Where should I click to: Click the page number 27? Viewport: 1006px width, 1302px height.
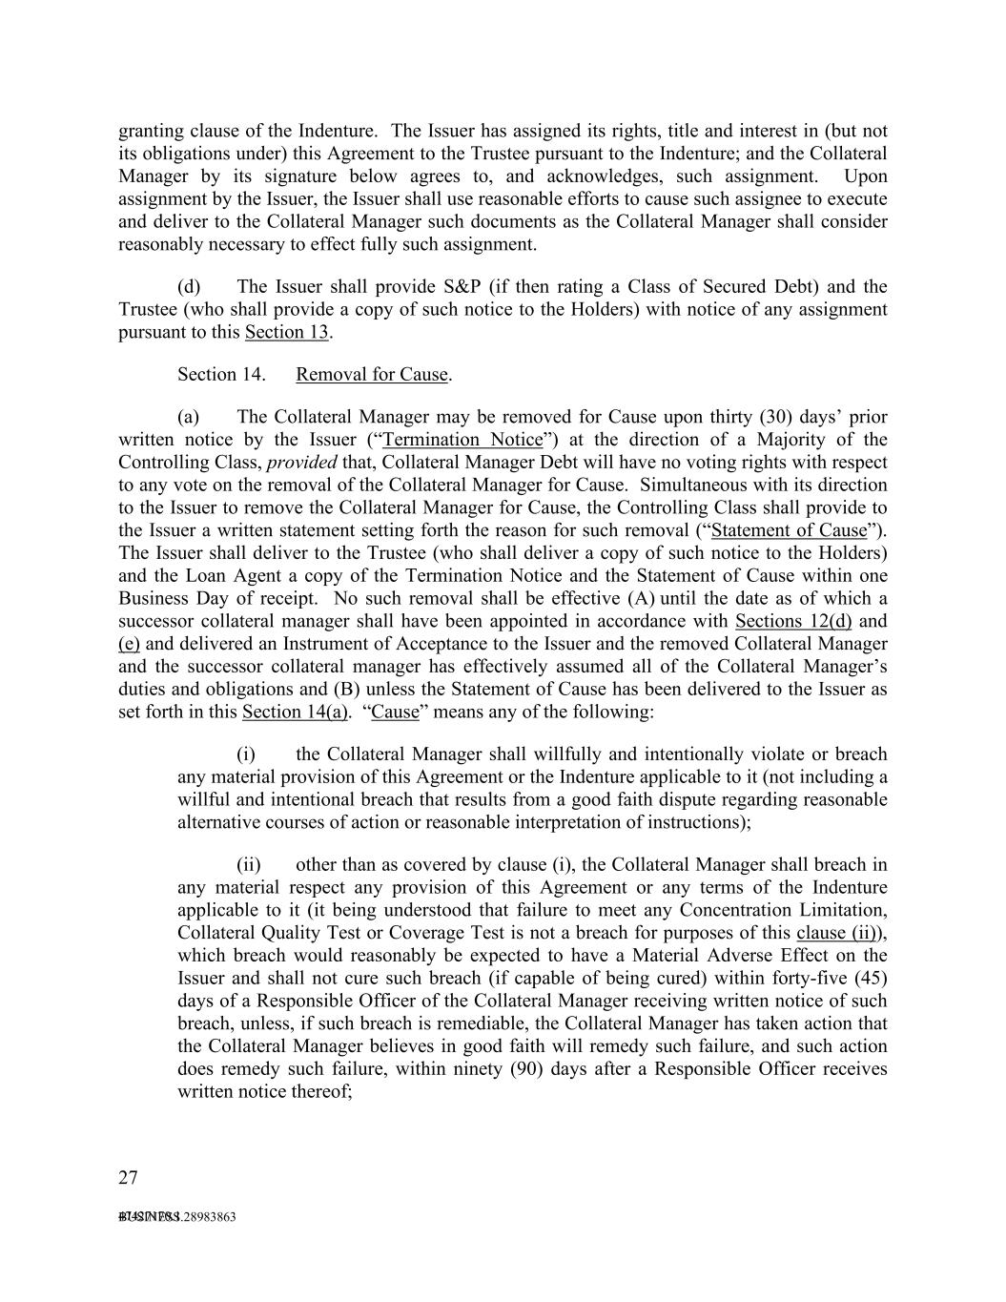pyautogui.click(x=128, y=1178)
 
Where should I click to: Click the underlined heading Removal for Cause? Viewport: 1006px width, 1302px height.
pyautogui.click(x=372, y=374)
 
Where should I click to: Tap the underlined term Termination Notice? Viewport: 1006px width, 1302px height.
pyautogui.click(x=462, y=440)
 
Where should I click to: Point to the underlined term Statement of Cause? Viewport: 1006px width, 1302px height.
pyautogui.click(x=790, y=530)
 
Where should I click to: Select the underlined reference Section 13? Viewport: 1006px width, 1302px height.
pyautogui.click(x=286, y=332)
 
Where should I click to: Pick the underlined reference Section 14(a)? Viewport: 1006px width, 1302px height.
pyautogui.click(x=295, y=712)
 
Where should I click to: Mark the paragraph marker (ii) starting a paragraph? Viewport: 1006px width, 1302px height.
pyautogui.click(x=249, y=865)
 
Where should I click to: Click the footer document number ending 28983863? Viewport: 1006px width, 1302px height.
pyautogui.click(x=177, y=1217)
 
